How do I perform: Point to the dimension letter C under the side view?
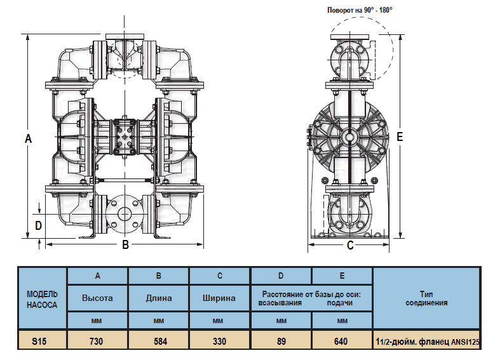coord(350,245)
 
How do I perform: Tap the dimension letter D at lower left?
coord(38,225)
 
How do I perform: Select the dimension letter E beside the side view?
coord(399,137)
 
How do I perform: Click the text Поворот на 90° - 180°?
coord(360,10)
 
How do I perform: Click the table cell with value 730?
coord(97,341)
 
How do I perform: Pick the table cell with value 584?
coord(159,341)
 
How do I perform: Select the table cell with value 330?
coord(219,341)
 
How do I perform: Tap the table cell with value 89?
coord(281,341)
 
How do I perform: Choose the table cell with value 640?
coord(341,341)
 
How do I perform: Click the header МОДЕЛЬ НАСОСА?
coord(42,299)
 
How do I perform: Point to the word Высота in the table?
coord(97,298)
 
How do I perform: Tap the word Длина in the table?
coord(159,298)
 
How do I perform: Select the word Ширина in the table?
coord(219,298)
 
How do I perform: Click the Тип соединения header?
coord(426,298)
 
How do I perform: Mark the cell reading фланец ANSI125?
coord(426,342)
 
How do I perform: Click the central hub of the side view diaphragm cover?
coord(349,136)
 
